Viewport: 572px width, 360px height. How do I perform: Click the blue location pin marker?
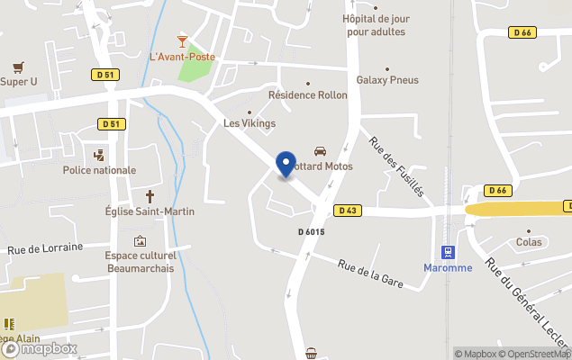click(286, 165)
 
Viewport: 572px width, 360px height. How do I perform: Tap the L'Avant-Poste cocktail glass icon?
click(183, 40)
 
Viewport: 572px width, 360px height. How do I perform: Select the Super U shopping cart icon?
click(18, 67)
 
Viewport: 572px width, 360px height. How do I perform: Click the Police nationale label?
click(99, 170)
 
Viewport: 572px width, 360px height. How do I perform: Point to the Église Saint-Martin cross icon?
click(150, 196)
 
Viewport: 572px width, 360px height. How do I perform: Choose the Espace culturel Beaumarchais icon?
click(140, 241)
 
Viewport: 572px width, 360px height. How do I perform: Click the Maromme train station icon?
click(447, 251)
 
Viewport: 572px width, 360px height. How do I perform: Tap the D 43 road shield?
click(348, 211)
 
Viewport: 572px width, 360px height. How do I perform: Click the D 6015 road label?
click(311, 232)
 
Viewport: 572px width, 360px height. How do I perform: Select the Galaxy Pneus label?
click(387, 80)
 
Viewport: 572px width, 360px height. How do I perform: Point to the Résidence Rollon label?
click(307, 94)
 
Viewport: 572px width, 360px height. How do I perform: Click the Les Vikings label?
click(249, 123)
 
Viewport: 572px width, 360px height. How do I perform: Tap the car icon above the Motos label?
click(320, 151)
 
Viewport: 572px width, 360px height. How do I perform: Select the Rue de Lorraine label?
click(45, 247)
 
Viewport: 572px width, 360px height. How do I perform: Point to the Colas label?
click(529, 242)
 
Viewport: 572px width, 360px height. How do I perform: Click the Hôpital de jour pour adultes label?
click(374, 25)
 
